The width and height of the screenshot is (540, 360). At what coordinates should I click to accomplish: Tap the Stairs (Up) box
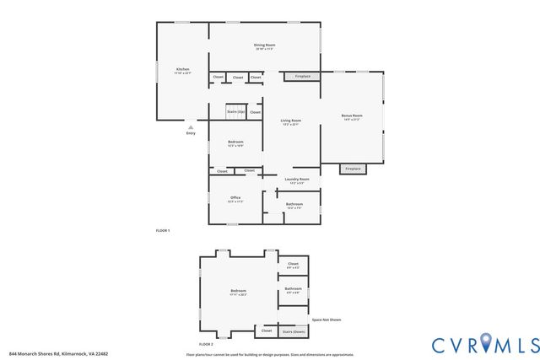[x=235, y=112]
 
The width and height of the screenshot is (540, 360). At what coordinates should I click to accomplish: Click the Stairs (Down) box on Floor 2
[x=293, y=331]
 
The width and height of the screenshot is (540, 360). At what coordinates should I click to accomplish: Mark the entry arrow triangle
[x=191, y=127]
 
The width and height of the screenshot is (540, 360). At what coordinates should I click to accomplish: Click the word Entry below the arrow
[x=191, y=133]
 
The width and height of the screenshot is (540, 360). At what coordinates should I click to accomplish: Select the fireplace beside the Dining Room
[x=302, y=77]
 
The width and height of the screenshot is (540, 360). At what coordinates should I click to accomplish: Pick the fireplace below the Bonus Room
[x=353, y=169]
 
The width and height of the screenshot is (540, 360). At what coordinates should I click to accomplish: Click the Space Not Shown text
[x=327, y=320]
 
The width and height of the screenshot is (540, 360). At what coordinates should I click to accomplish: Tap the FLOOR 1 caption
[x=163, y=230]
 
